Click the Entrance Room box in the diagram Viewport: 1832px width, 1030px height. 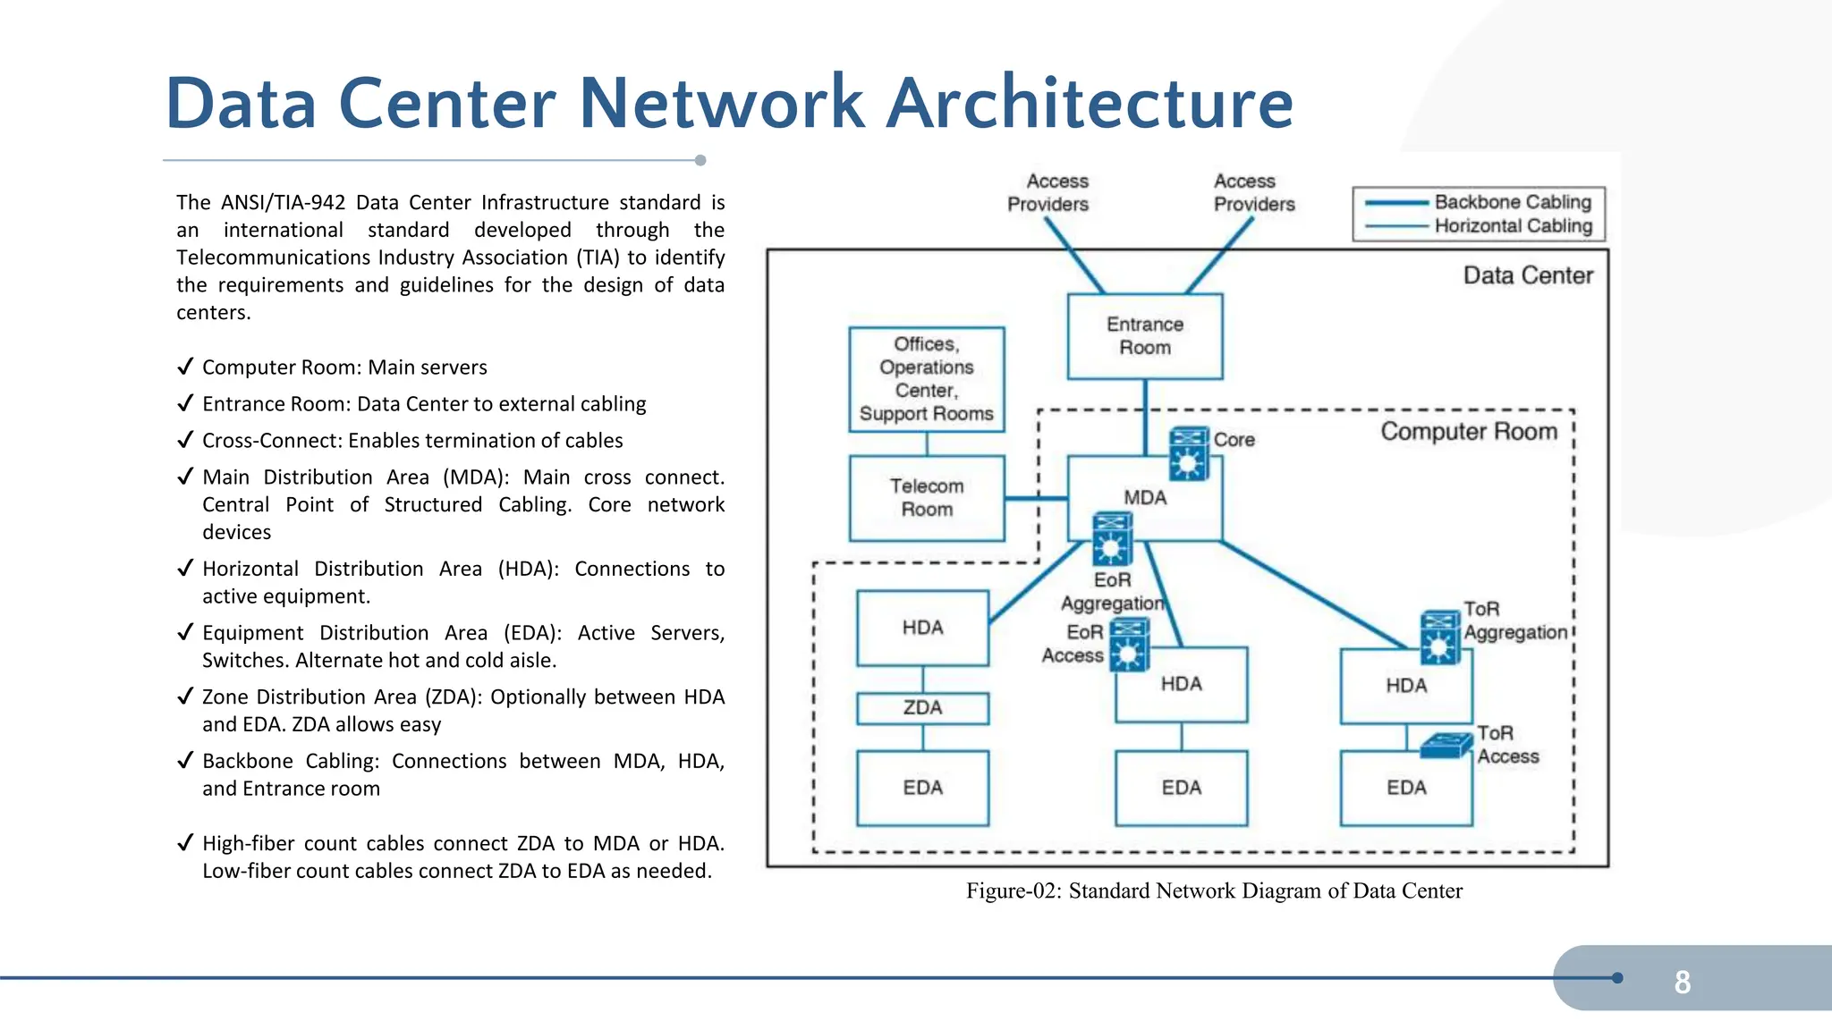tap(1144, 336)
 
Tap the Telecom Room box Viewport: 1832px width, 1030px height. tap(927, 498)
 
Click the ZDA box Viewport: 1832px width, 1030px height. tap(922, 708)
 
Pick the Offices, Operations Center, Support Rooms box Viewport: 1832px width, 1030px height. tap(927, 379)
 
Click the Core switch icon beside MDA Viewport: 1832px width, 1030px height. tap(1189, 453)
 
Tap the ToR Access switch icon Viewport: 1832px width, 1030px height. tap(1446, 746)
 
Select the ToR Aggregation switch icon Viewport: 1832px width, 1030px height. tap(1440, 637)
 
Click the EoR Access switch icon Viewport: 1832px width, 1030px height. tap(1129, 645)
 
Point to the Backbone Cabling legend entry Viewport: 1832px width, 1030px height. tap(1512, 202)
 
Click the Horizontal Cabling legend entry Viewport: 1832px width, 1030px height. tap(1512, 226)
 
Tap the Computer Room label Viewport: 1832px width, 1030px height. tap(1468, 432)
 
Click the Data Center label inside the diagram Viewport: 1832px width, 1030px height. tap(1528, 275)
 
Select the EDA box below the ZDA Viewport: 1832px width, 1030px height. tap(922, 788)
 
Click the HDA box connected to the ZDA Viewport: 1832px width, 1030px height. tap(922, 628)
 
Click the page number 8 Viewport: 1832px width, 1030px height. tap(1682, 982)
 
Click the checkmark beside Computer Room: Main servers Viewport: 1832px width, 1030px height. tap(185, 367)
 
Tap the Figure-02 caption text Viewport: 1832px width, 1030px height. tap(1214, 891)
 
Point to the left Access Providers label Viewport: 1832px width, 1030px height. tap(1047, 192)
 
